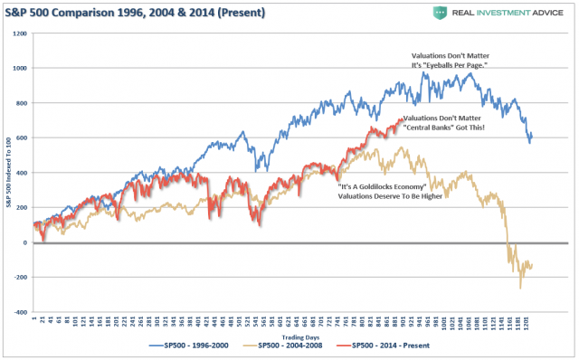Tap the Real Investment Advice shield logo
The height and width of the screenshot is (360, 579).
click(x=441, y=12)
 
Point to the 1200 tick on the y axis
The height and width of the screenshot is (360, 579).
click(x=20, y=33)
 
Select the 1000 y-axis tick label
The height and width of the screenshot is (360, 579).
click(x=20, y=69)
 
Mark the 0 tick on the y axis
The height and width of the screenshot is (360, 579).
click(x=25, y=242)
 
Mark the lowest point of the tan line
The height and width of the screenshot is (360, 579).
click(x=521, y=288)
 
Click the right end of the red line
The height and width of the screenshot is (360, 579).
click(x=404, y=119)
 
